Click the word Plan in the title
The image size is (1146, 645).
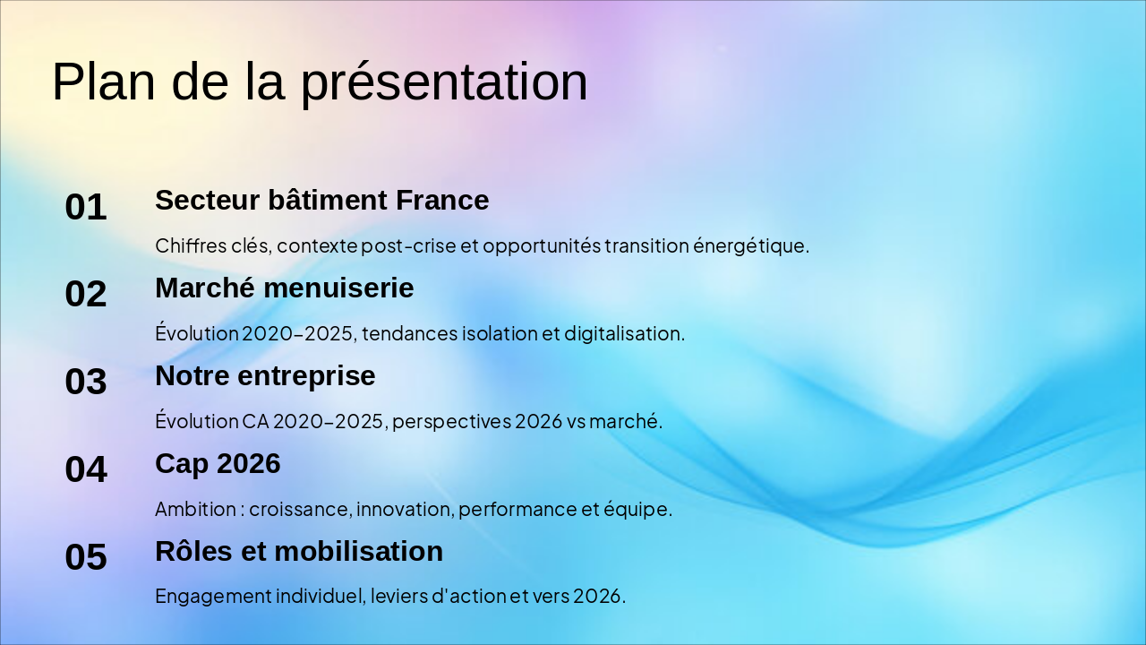coord(103,82)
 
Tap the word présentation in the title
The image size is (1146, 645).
coord(443,84)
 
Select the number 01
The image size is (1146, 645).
coord(86,207)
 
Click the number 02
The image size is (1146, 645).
coord(86,294)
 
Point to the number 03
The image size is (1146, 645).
coord(86,382)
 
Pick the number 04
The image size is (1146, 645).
coord(86,469)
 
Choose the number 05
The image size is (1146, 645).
coord(86,556)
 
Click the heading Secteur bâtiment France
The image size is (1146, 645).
coord(321,200)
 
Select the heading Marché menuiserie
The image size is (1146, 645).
coord(285,288)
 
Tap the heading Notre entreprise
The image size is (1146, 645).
coord(265,376)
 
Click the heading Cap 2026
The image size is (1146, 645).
coord(218,464)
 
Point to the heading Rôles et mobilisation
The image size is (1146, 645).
coord(299,551)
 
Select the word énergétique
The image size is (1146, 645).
coord(751,246)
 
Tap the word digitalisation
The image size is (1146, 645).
coord(624,334)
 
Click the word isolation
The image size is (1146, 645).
coord(500,334)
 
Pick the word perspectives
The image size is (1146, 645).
coord(452,422)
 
